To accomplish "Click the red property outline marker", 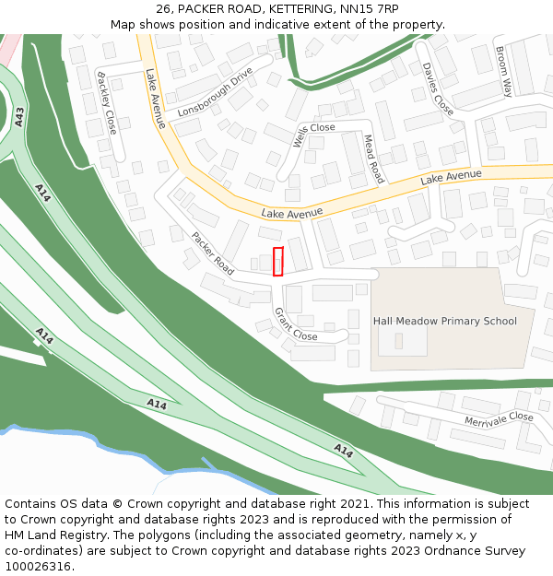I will point(277,261).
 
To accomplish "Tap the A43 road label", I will point(19,115).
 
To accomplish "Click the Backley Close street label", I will point(106,103).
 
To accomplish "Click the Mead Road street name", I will point(372,158).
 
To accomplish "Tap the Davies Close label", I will point(438,89).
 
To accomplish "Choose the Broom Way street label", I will point(503,72).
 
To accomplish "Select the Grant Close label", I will point(295,324).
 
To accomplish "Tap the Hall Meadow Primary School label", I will point(444,321).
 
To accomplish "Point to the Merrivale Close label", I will point(499,417).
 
